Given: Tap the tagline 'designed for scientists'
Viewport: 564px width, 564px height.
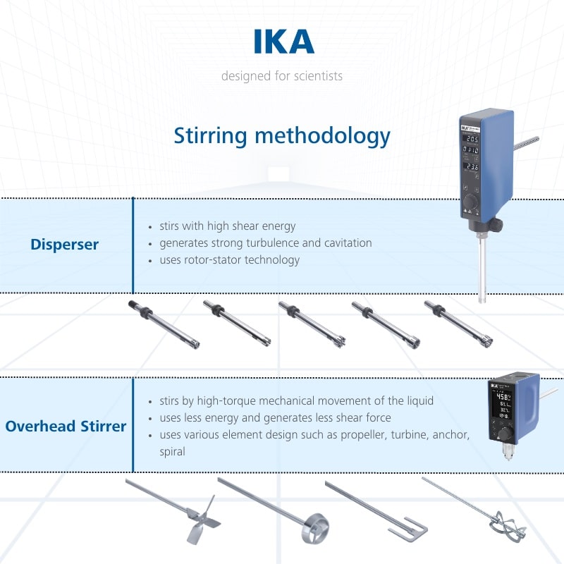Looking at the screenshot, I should pos(282,75).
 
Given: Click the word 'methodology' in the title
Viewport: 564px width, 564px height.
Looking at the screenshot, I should pos(322,135).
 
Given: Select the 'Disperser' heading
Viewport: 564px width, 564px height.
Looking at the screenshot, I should pos(64,245).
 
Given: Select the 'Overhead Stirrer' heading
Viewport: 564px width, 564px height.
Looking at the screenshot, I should pos(66,426).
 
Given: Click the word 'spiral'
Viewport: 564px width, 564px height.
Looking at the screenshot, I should pos(172,451).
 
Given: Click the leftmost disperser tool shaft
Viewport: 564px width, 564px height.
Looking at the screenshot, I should pos(164,324).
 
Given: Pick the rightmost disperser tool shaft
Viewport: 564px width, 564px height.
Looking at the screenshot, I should pos(458,324).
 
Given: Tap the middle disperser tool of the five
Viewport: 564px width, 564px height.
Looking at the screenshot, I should pos(311,324).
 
